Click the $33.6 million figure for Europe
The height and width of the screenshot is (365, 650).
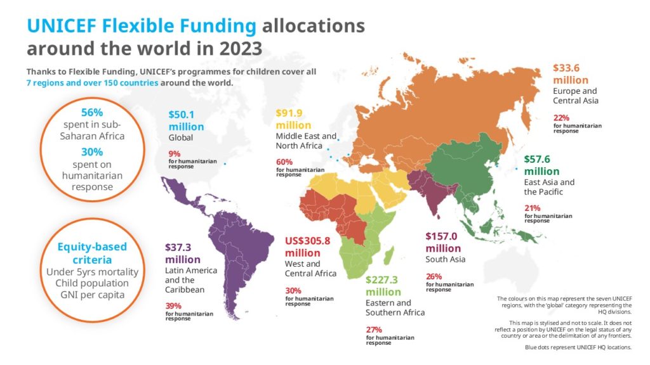point(570,74)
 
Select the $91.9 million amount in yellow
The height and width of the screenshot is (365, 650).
point(293,119)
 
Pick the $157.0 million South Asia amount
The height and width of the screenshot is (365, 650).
point(443,242)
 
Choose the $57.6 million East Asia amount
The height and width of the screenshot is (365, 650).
point(541,165)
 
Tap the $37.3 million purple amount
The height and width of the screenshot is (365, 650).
point(183,253)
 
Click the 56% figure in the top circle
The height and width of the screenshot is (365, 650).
point(92,112)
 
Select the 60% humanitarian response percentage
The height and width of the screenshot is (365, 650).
point(284,162)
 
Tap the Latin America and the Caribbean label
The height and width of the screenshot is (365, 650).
point(190,280)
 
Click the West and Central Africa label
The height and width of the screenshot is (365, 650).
point(311,269)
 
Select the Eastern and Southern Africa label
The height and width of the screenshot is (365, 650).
point(395,307)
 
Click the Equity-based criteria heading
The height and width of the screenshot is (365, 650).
point(93,253)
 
